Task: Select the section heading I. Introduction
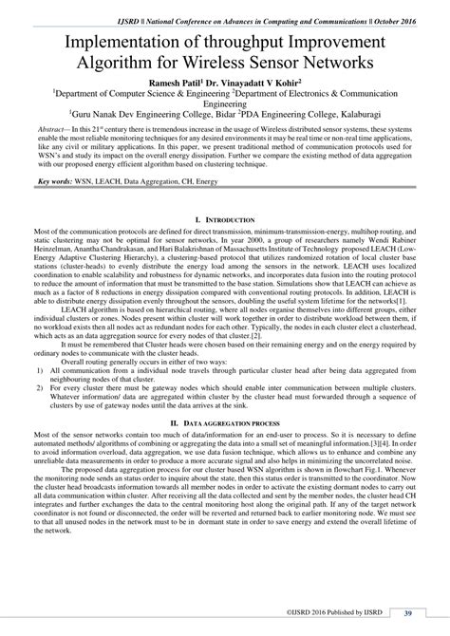coord(224,247)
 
